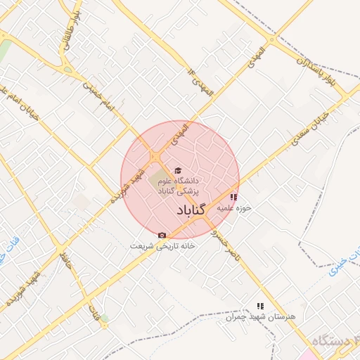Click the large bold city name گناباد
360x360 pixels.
[188, 211]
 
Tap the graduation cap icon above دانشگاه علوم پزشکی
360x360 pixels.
[177, 170]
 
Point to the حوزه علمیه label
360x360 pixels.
[233, 209]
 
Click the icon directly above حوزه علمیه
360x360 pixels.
[233, 198]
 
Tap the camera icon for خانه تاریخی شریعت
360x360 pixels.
[162, 235]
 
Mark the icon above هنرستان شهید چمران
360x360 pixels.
[260, 306]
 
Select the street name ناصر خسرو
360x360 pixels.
[226, 245]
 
